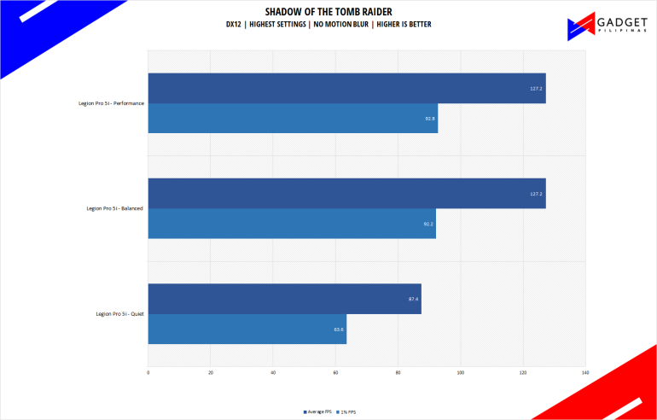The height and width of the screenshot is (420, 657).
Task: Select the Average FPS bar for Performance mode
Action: [346, 89]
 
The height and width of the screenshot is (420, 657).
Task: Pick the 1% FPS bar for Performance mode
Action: [293, 119]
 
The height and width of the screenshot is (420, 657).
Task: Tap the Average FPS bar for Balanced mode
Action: [346, 194]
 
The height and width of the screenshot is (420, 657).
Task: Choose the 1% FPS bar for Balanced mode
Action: [292, 224]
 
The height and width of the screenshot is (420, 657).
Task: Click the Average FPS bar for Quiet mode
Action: [284, 299]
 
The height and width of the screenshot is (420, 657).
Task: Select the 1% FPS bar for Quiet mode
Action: [247, 329]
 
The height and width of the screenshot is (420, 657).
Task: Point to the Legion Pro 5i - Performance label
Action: [109, 103]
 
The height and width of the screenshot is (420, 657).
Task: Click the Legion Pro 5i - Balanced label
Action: [114, 208]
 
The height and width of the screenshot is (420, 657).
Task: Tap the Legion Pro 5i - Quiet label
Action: [119, 313]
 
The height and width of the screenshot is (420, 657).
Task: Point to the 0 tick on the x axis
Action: [148, 373]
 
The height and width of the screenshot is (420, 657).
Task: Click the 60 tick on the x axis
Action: [335, 373]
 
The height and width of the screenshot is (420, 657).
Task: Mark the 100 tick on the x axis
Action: [461, 373]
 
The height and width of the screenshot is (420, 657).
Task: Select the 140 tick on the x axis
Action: [585, 373]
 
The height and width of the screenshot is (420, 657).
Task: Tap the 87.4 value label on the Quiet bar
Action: [413, 299]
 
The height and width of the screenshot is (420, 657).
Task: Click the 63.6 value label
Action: [338, 329]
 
